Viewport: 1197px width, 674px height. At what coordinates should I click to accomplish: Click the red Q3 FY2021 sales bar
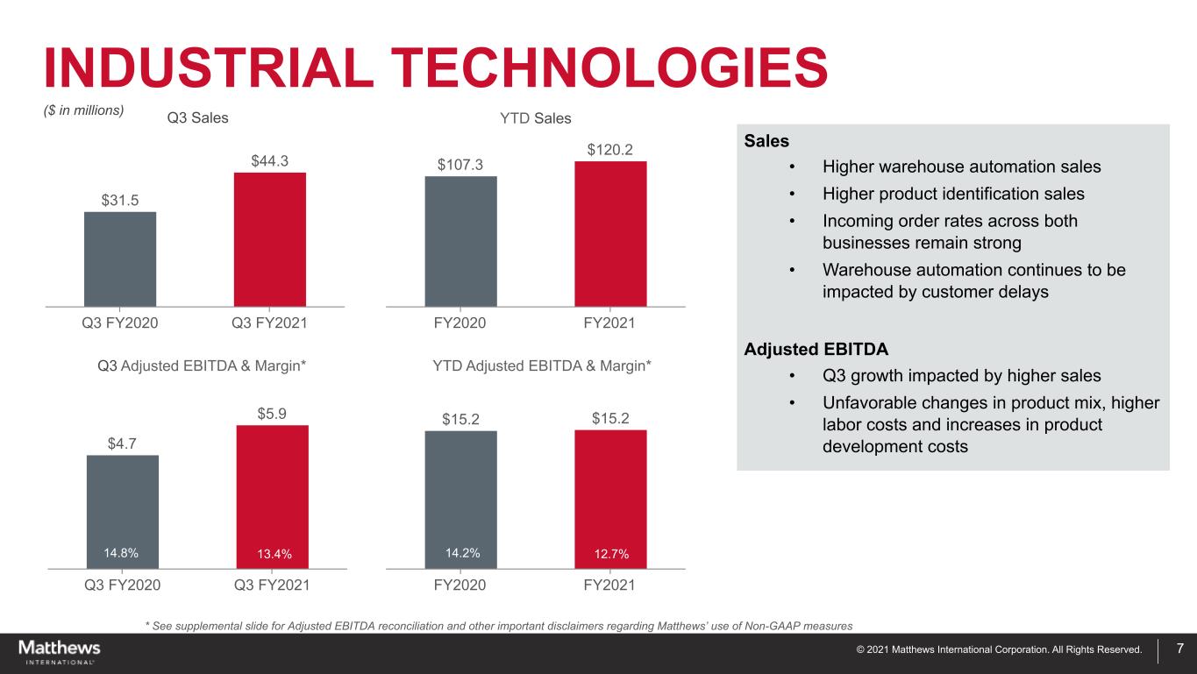click(x=270, y=238)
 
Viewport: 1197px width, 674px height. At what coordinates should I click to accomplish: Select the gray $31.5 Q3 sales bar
click(x=120, y=259)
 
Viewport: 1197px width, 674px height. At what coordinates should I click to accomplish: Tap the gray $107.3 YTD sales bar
click(x=460, y=241)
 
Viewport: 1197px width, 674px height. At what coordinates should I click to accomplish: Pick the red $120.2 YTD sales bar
click(x=610, y=233)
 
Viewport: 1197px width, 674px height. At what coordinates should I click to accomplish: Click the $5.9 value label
click(x=272, y=412)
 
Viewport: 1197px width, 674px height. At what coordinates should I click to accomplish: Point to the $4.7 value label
click(x=122, y=443)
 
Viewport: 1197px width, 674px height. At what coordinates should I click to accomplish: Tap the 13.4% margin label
click(x=272, y=553)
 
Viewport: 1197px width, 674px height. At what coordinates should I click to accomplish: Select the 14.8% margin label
click(x=122, y=552)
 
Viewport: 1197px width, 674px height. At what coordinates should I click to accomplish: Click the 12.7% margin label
click(x=610, y=553)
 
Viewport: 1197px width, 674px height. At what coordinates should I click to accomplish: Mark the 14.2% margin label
click(x=460, y=552)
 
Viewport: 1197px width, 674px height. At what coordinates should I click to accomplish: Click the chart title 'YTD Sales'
click(x=535, y=118)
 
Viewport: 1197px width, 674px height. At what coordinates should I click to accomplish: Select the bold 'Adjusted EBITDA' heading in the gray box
click(x=816, y=349)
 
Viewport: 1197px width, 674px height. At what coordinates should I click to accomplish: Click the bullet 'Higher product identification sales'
click(x=953, y=194)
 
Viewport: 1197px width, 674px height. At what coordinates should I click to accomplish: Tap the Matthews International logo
click(x=60, y=651)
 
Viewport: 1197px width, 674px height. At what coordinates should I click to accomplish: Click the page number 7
click(x=1180, y=649)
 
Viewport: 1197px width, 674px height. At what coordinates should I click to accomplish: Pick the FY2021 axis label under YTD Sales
click(x=609, y=323)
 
